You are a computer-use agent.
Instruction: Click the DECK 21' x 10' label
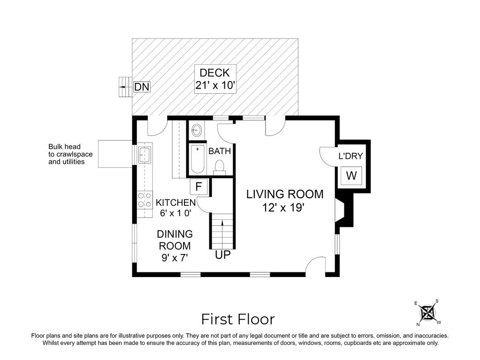point(214,79)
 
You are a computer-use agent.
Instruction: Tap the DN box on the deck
point(142,87)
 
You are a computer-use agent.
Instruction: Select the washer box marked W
point(351,176)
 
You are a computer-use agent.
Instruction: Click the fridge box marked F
point(198,186)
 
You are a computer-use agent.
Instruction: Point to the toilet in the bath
point(219,166)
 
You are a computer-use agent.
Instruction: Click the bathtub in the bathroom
point(198,159)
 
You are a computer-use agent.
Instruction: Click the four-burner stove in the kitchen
point(145,201)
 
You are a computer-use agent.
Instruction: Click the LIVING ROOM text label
point(285,194)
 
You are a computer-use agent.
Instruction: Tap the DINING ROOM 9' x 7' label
point(175,245)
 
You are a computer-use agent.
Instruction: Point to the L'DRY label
point(350,156)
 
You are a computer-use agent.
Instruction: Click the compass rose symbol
point(427,312)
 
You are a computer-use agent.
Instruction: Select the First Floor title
point(238,319)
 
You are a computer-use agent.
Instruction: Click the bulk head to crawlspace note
point(70,154)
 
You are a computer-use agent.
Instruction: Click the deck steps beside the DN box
point(124,87)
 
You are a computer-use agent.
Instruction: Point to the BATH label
point(220,151)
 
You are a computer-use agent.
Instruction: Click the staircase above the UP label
point(222,231)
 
